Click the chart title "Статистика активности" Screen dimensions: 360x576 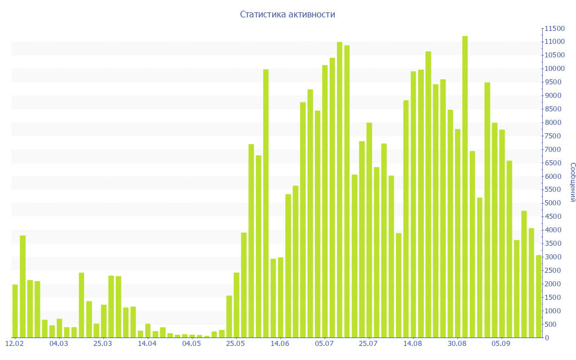click(x=287, y=15)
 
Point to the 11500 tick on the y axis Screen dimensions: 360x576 click(x=553, y=28)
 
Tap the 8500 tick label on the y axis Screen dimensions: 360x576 click(x=553, y=109)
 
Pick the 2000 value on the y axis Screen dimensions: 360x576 click(x=553, y=284)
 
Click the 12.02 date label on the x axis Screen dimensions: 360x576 click(x=15, y=343)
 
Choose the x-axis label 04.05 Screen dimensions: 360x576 click(x=192, y=343)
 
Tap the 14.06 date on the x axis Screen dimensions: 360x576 click(x=280, y=343)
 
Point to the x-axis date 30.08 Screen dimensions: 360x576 click(x=457, y=343)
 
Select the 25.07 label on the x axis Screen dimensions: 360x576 click(x=369, y=343)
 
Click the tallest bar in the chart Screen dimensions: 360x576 click(x=465, y=186)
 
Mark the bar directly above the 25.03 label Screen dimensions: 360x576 click(x=103, y=321)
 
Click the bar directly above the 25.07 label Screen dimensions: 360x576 click(x=370, y=230)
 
